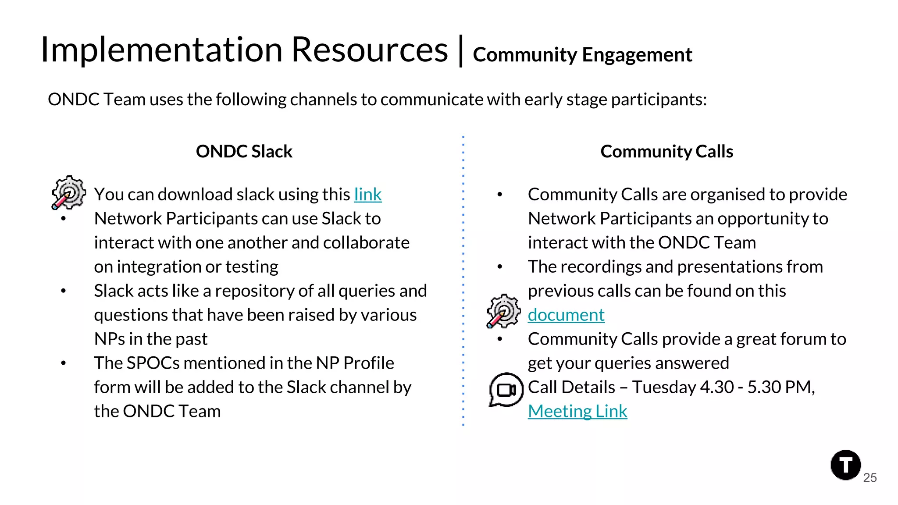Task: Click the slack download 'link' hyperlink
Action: click(x=367, y=195)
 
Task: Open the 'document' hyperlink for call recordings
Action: click(x=566, y=315)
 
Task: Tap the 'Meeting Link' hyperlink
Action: click(x=577, y=412)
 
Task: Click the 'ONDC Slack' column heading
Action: click(x=244, y=152)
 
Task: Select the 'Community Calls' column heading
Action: click(x=666, y=152)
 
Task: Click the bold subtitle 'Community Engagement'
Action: click(x=582, y=55)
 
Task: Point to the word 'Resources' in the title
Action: click(x=369, y=50)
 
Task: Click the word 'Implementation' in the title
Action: click(x=161, y=50)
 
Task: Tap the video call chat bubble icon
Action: click(x=506, y=390)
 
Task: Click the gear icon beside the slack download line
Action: click(x=68, y=192)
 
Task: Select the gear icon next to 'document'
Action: click(x=503, y=311)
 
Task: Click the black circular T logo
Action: click(x=845, y=465)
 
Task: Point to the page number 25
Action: click(x=870, y=478)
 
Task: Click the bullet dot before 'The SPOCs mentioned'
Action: click(x=64, y=363)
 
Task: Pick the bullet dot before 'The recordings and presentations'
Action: click(x=499, y=267)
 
